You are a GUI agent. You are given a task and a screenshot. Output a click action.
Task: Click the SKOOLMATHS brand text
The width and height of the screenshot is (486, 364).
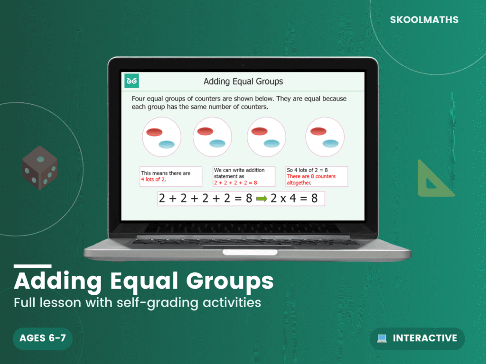(424, 20)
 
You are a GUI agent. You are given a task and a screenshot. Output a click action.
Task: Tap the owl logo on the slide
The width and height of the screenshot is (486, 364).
(131, 81)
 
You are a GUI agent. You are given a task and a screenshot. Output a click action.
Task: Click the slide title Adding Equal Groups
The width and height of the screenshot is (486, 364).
(243, 82)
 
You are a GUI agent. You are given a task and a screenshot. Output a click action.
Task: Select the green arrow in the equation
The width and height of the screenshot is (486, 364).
(262, 199)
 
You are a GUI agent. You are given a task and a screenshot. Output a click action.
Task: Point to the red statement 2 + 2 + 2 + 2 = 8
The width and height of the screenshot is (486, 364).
(235, 182)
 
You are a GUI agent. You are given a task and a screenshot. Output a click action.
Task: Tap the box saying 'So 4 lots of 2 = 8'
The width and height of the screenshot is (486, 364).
(317, 176)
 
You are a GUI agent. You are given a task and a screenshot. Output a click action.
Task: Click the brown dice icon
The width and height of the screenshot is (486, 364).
(40, 168)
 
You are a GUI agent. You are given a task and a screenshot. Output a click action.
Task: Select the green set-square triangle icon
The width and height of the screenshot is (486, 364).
(433, 180)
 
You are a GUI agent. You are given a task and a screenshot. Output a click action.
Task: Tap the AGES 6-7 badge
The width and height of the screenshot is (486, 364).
(42, 338)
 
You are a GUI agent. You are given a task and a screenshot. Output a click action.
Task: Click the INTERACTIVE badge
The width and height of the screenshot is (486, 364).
(417, 338)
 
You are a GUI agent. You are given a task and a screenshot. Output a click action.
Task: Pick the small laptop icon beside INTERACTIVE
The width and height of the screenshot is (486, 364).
(382, 338)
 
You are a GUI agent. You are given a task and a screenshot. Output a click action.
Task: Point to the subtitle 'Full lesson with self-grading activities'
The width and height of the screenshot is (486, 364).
(137, 302)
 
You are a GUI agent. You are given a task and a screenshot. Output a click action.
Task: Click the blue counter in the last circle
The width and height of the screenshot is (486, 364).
(330, 143)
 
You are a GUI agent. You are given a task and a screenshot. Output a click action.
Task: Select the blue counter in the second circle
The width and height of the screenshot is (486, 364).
(217, 143)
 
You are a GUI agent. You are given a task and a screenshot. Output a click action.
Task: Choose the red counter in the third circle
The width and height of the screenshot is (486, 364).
(260, 131)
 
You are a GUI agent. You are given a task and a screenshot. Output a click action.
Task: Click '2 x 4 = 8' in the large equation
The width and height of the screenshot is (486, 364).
(294, 199)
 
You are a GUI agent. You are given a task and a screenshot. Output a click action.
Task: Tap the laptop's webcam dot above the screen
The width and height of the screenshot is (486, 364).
(243, 65)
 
